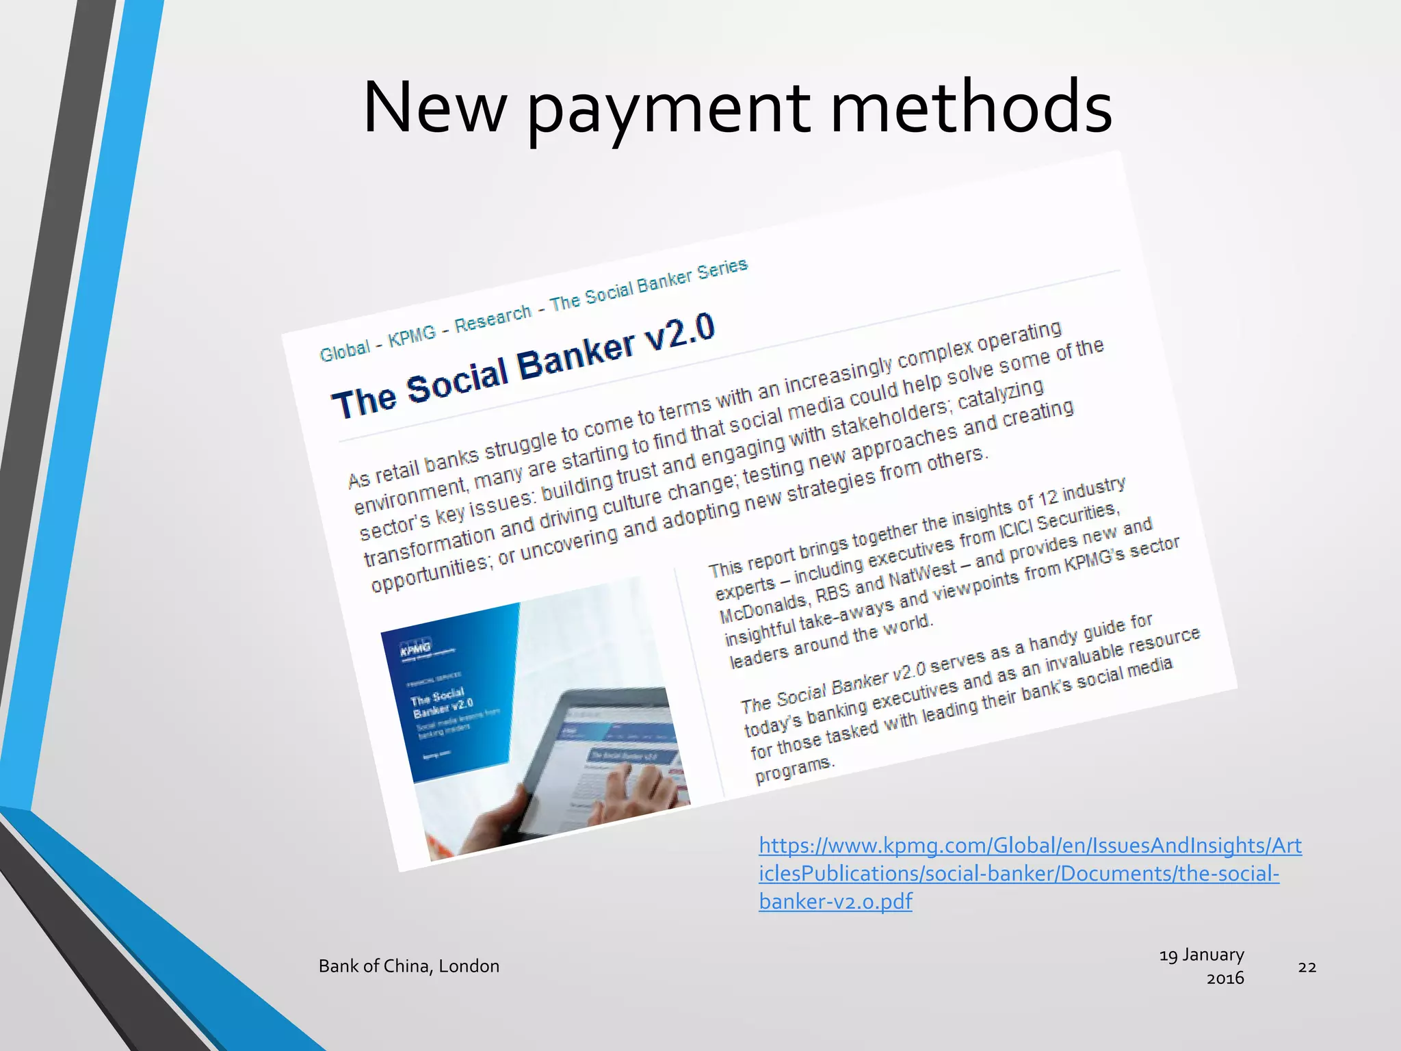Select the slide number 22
point(1307,967)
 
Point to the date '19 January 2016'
point(1202,965)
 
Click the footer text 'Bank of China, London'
point(408,966)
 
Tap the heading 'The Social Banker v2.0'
point(523,367)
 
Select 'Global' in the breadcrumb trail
point(345,350)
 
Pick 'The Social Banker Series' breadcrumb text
point(649,284)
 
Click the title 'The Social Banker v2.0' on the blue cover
point(441,701)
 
